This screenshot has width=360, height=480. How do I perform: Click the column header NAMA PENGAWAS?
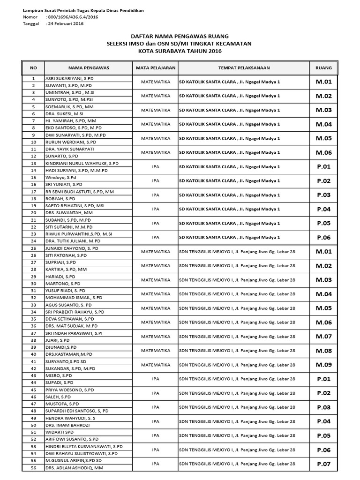point(88,68)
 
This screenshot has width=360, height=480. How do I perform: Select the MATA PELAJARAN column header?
point(155,68)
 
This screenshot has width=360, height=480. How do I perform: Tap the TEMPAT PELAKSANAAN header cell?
point(244,68)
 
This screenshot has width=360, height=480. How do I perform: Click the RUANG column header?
point(323,68)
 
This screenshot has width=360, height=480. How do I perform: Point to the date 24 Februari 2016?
point(65,24)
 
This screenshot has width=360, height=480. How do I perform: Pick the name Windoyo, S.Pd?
point(60,178)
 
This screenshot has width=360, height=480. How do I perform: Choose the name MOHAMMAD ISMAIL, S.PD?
point(74,298)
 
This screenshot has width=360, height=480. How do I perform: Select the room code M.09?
point(323,365)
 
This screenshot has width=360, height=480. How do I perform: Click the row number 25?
point(33,248)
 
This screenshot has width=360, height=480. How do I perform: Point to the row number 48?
point(33,411)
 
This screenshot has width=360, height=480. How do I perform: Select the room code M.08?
point(323,351)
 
